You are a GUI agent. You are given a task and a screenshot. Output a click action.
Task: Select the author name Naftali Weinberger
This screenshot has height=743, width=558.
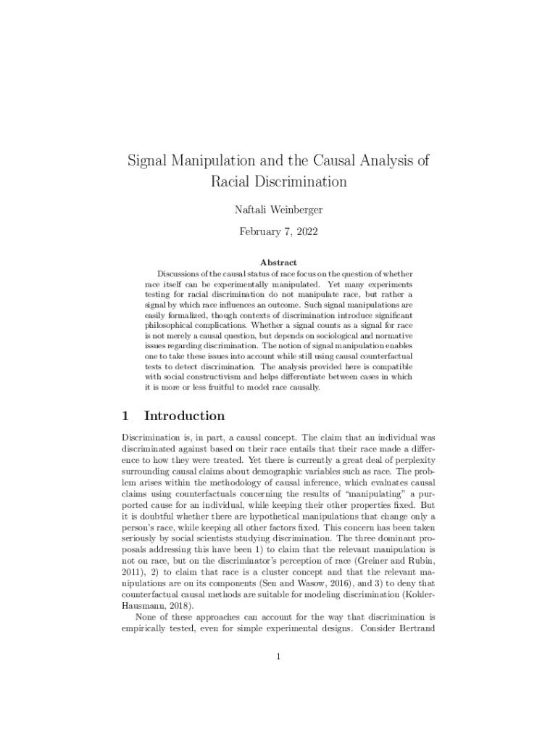click(278, 210)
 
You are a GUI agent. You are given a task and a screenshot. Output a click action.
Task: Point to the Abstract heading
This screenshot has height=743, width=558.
click(278, 262)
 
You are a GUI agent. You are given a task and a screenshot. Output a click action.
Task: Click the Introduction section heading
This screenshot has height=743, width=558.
click(185, 416)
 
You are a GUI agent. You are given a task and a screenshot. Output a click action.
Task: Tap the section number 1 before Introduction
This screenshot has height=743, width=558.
click(125, 416)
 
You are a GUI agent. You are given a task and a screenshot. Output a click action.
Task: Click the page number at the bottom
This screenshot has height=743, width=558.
click(278, 657)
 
